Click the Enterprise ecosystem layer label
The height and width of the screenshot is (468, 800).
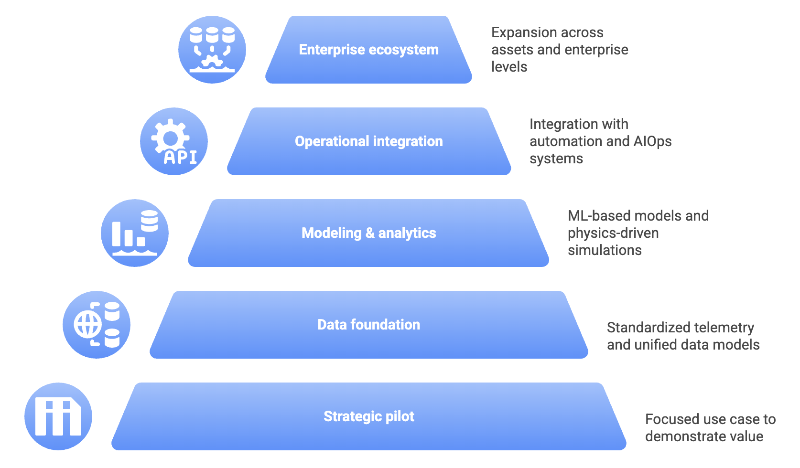(x=368, y=50)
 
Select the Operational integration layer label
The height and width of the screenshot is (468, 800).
(x=368, y=141)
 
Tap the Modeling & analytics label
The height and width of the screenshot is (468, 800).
(x=368, y=233)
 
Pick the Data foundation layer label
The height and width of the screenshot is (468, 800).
(x=368, y=325)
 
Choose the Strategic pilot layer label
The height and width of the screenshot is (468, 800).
(x=368, y=416)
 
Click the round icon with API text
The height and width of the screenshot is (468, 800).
(x=174, y=141)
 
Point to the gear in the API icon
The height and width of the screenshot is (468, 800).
(x=170, y=138)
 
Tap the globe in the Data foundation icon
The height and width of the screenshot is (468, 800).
(x=87, y=325)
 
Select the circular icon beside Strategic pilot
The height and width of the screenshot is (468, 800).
(x=58, y=416)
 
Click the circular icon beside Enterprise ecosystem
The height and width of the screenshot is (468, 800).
(x=212, y=50)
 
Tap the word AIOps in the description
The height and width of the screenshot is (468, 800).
(x=652, y=141)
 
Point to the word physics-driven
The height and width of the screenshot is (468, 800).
(x=613, y=233)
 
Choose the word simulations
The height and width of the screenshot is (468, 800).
(x=605, y=250)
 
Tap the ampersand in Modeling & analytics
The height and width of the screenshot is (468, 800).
(x=370, y=233)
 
